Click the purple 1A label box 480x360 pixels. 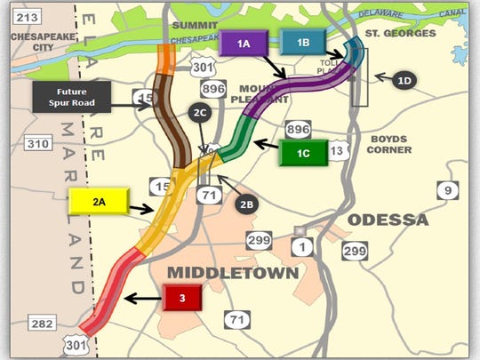click(244, 43)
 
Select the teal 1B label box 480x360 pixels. click(303, 43)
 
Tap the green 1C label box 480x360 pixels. click(301, 152)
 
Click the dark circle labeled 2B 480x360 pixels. click(248, 204)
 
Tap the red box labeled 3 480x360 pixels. click(181, 298)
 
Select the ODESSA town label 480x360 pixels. click(388, 220)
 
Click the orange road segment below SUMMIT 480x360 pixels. click(165, 59)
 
